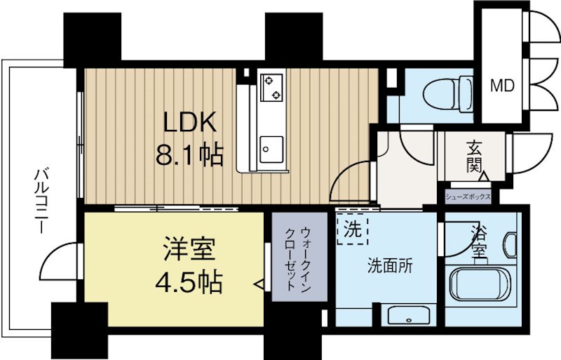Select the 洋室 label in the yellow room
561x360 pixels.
[189, 251]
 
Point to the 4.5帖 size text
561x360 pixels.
[189, 282]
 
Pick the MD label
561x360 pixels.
[501, 86]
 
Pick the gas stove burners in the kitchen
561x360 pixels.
[271, 87]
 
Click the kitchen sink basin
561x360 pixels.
[269, 148]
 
